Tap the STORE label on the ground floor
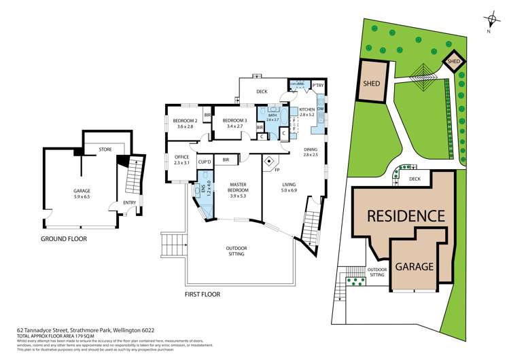[105, 149]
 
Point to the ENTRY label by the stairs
[130, 202]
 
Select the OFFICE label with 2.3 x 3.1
[181, 160]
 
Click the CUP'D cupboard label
[205, 162]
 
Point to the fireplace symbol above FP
[270, 163]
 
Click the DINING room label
[310, 152]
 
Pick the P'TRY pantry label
[317, 86]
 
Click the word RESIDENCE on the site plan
[406, 216]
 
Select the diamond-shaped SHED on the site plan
[454, 62]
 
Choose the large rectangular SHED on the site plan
[371, 83]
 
